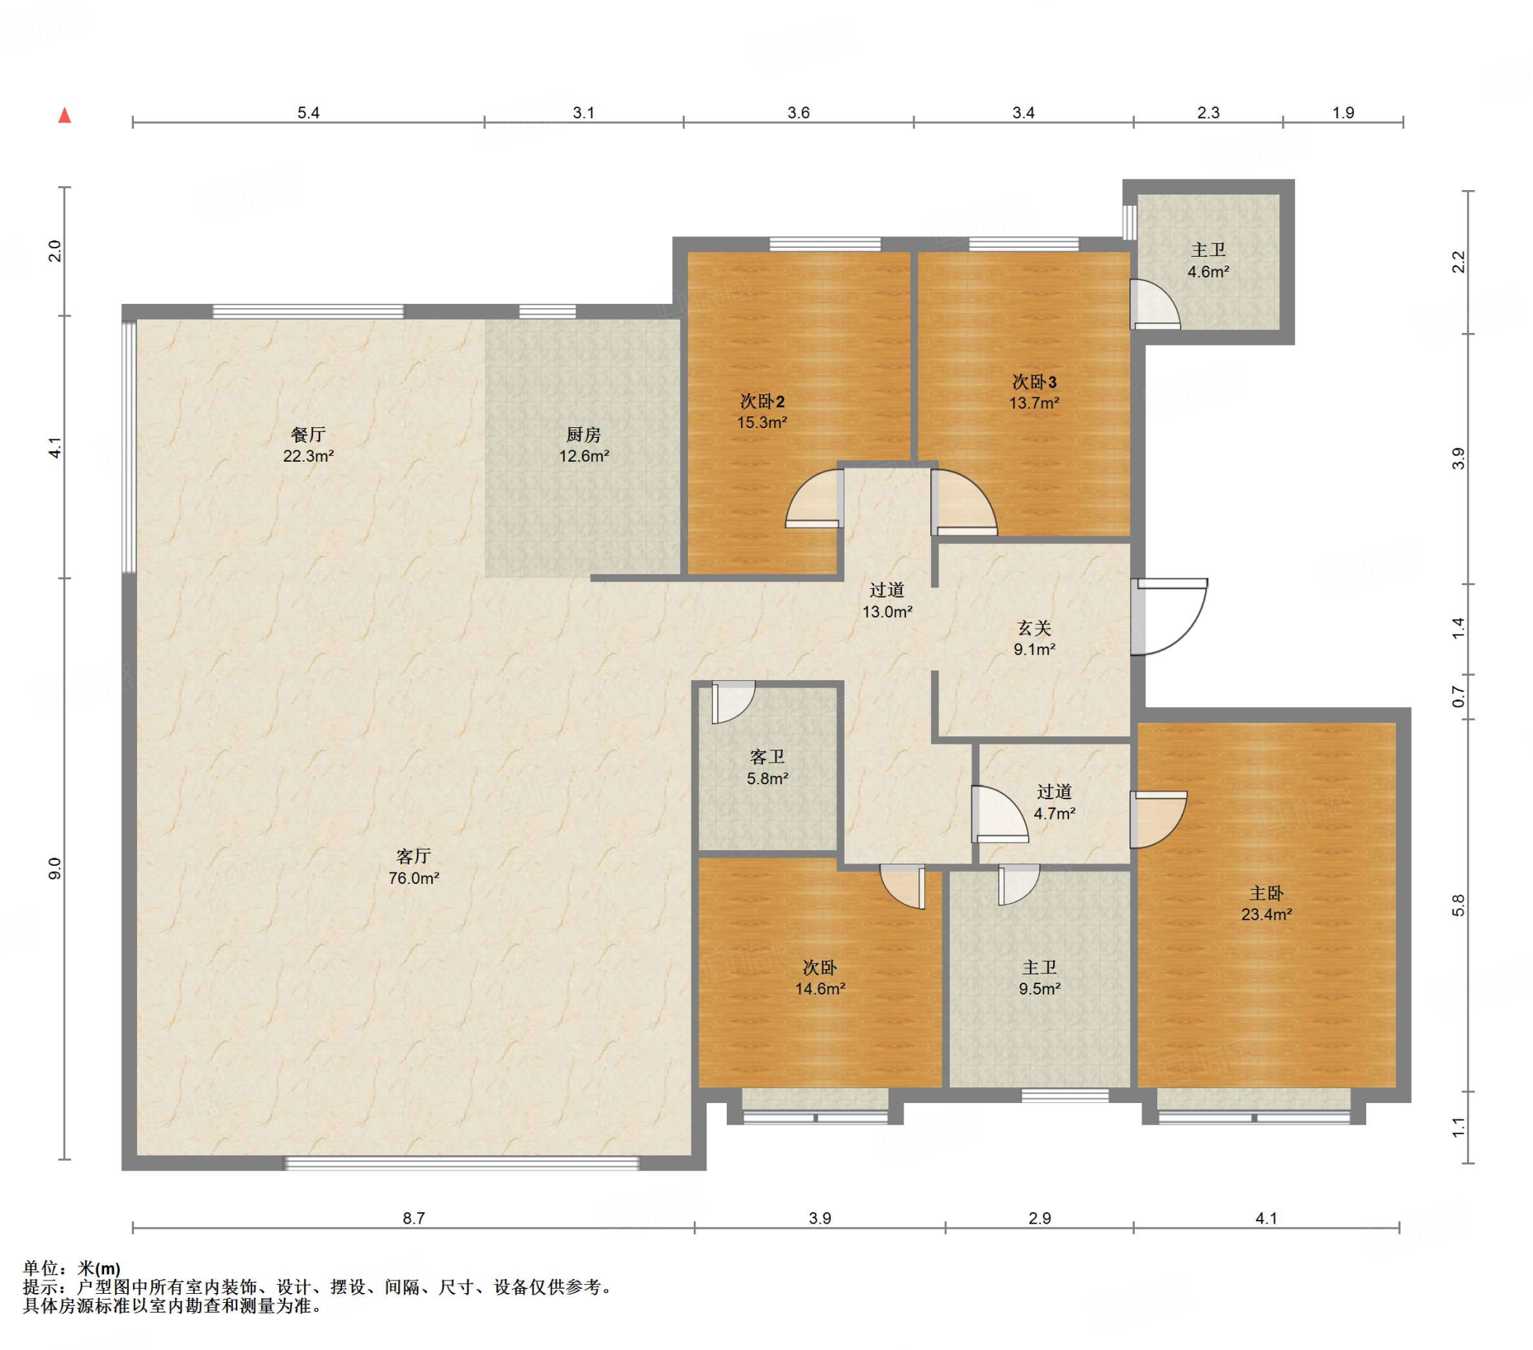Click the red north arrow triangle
pyautogui.click(x=65, y=115)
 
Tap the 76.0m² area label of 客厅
pyautogui.click(x=413, y=878)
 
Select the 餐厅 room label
pyautogui.click(x=308, y=434)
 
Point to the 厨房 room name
pyautogui.click(x=584, y=434)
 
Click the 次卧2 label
pyautogui.click(x=762, y=401)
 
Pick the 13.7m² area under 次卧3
pyautogui.click(x=1034, y=403)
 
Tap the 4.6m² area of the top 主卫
pyautogui.click(x=1208, y=272)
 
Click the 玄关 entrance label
pyautogui.click(x=1034, y=629)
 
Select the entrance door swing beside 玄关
pyautogui.click(x=1170, y=617)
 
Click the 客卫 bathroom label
pyautogui.click(x=767, y=757)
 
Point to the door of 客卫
pyautogui.click(x=733, y=702)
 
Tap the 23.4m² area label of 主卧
pyautogui.click(x=1266, y=914)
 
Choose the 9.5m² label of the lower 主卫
pyautogui.click(x=1040, y=989)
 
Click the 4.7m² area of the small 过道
pyautogui.click(x=1055, y=813)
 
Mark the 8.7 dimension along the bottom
pyautogui.click(x=414, y=1218)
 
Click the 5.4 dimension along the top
pyautogui.click(x=308, y=112)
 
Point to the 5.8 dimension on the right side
pyautogui.click(x=1458, y=905)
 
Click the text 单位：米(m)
pyautogui.click(x=71, y=1268)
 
